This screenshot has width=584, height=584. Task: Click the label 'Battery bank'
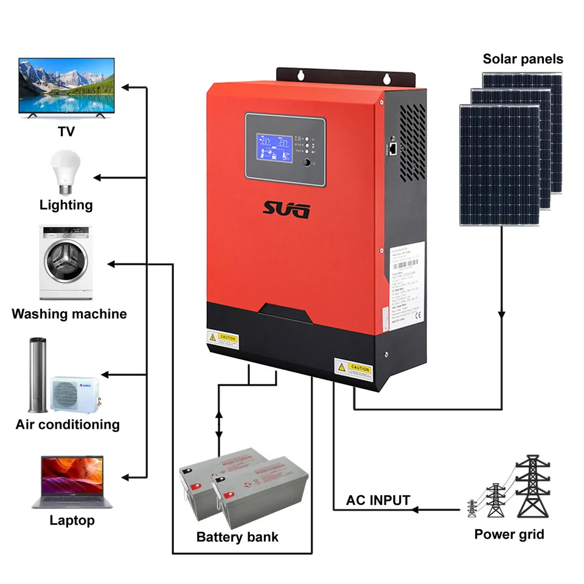pyautogui.click(x=237, y=537)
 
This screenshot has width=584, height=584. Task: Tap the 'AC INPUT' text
pyautogui.click(x=378, y=501)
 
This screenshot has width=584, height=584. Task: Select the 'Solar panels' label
pyautogui.click(x=523, y=59)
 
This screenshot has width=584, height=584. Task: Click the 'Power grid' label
pyautogui.click(x=509, y=535)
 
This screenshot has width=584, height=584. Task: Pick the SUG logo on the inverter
pyautogui.click(x=287, y=210)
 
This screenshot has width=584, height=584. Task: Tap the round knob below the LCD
pyautogui.click(x=307, y=163)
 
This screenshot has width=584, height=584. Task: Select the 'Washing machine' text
pyautogui.click(x=69, y=315)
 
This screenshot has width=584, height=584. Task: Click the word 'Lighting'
pyautogui.click(x=66, y=205)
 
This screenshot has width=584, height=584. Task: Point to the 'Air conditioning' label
pyautogui.click(x=68, y=425)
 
